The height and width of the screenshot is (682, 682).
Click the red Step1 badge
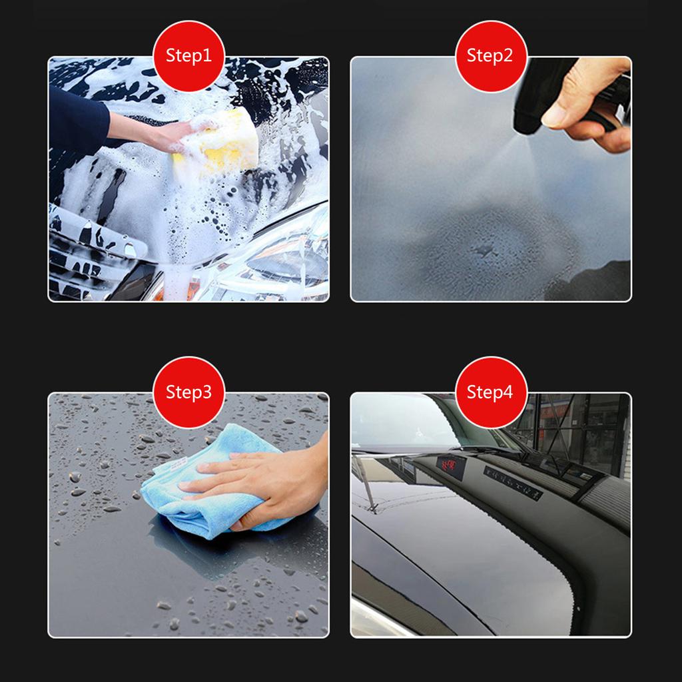189,56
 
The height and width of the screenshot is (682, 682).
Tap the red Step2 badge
491,56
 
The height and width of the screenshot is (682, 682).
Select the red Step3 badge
189,392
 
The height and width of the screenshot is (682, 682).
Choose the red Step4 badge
491,392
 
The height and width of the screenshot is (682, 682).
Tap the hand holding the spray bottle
586,100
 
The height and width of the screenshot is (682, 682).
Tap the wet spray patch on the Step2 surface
486,253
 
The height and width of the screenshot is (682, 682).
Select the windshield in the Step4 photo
400,420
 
